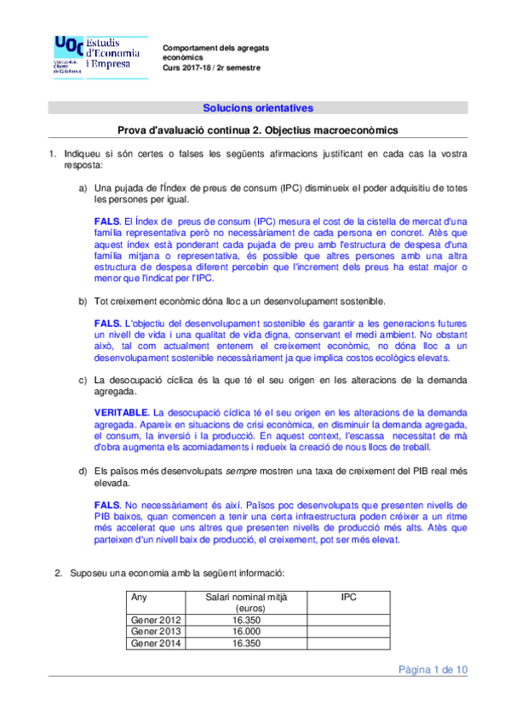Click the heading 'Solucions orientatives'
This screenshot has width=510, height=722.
257,108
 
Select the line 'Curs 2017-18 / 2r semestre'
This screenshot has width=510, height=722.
212,68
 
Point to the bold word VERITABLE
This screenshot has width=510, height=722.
122,411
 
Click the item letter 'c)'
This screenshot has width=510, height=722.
83,380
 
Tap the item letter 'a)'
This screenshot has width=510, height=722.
83,187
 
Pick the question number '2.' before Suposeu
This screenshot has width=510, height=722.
60,573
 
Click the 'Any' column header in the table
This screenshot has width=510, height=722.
139,598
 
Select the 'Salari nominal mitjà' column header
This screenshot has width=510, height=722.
245,603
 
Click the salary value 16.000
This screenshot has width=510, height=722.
245,632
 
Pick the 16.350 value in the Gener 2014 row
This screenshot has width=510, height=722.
245,644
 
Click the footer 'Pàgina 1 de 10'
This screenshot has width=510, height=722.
433,670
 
